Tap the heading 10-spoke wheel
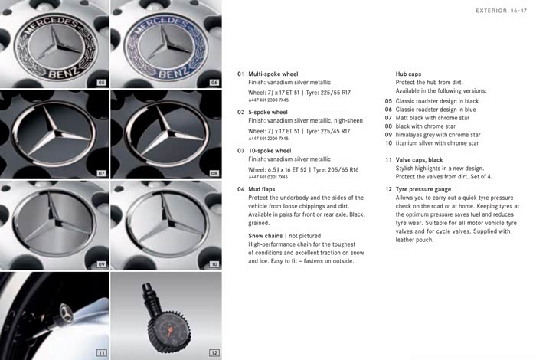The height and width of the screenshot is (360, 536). (x=270, y=151)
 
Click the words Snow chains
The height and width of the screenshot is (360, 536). (x=265, y=235)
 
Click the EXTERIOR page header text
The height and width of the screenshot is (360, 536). (x=486, y=11)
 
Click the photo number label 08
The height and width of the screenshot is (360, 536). (x=214, y=173)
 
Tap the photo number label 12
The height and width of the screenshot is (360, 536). (x=214, y=352)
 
